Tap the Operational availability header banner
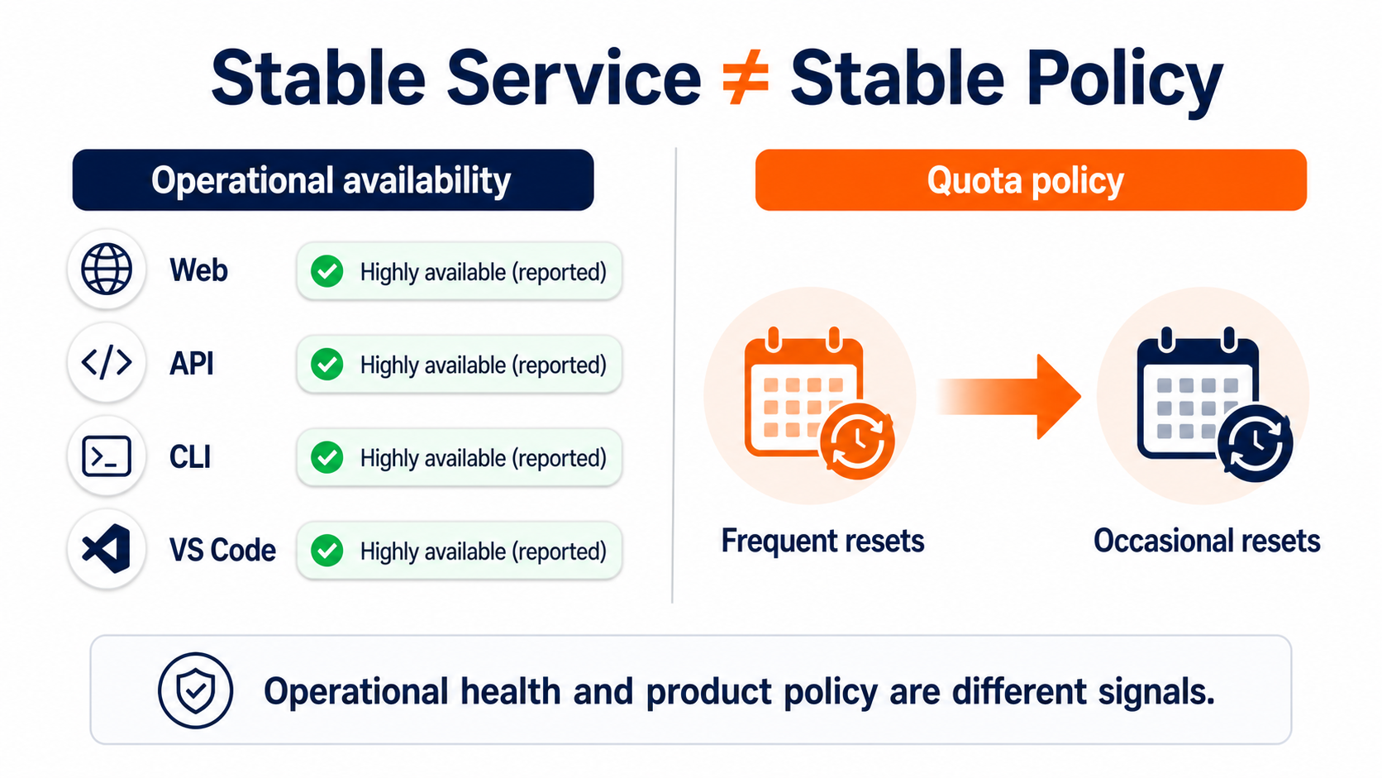333,179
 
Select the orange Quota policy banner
1031,179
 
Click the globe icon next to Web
106,269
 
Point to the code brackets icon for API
106,362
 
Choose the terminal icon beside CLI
106,456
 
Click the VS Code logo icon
106,548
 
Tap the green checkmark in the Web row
327,271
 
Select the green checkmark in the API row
327,365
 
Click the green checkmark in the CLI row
327,458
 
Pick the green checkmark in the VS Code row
327,551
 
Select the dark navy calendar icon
1213,403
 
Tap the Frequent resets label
822,541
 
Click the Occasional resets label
1207,541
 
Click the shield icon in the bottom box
195,690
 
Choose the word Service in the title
574,79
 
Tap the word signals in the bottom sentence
1156,692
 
